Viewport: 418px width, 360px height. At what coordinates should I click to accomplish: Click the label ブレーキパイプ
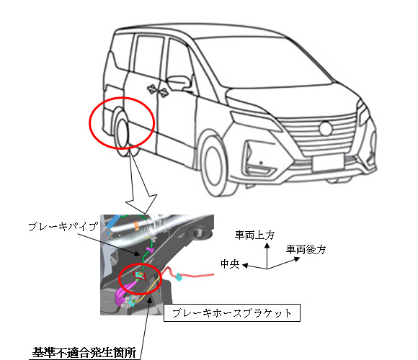[63, 227]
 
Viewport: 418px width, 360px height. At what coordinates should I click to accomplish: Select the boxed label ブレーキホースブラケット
[231, 313]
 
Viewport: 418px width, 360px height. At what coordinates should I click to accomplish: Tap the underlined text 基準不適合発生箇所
[84, 353]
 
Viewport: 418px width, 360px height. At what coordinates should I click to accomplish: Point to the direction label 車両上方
[254, 235]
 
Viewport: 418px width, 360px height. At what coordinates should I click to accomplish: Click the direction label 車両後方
[306, 250]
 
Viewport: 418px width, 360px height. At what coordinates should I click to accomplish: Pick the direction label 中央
[230, 264]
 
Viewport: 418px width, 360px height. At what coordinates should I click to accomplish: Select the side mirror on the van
[178, 82]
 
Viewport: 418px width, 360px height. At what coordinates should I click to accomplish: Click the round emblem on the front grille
[326, 129]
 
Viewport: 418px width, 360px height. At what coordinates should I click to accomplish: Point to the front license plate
[328, 163]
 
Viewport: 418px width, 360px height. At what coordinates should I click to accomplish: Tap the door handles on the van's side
[157, 89]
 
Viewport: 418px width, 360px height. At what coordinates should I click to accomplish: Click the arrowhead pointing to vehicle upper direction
[267, 246]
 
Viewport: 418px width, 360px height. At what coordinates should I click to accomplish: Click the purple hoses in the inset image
[123, 293]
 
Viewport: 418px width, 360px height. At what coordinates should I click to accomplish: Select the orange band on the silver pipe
[136, 225]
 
